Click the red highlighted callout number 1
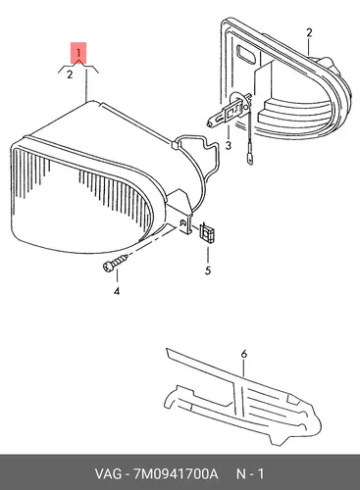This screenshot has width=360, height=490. tap(78, 53)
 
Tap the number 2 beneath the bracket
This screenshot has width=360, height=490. tap(70, 74)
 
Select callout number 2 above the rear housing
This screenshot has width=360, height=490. tap(309, 32)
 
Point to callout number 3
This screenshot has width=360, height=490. tap(228, 145)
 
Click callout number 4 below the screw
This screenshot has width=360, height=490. tap(117, 291)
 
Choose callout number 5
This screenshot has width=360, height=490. tap(208, 270)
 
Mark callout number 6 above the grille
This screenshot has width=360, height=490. tap(243, 354)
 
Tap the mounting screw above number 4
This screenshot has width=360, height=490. tap(115, 262)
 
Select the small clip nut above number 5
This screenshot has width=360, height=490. tap(207, 232)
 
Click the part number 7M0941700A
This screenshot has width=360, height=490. tap(175, 473)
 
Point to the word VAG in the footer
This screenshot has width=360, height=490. tap(108, 473)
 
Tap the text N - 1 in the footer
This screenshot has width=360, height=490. tap(250, 473)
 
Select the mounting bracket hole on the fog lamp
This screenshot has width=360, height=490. tap(183, 222)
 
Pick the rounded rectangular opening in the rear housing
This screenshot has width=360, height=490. tap(247, 54)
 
